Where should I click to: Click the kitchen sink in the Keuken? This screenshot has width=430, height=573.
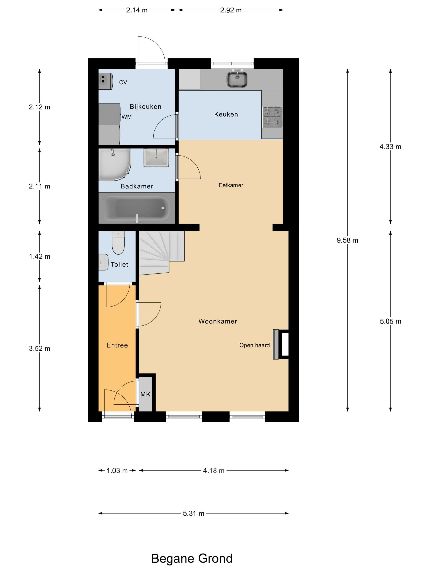click(x=237, y=80)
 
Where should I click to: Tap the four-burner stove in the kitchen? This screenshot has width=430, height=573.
click(x=272, y=117)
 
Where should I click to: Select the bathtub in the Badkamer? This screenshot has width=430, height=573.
click(x=136, y=208)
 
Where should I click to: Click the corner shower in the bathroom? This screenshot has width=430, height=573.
click(x=114, y=164)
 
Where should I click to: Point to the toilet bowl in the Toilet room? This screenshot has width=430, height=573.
click(x=118, y=243)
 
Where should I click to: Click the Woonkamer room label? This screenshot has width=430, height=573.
click(x=217, y=321)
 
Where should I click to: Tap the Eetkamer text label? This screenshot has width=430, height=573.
click(x=231, y=185)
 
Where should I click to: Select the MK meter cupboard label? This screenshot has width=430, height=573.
click(x=145, y=394)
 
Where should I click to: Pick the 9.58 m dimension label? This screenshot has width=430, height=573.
click(x=347, y=240)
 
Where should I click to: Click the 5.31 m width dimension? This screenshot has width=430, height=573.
click(x=193, y=513)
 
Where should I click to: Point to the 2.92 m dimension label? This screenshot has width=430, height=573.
click(x=230, y=10)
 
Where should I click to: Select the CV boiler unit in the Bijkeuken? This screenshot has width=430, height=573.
click(x=105, y=81)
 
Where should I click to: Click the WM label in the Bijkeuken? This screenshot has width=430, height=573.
click(x=127, y=117)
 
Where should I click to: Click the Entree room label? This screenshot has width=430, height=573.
click(x=117, y=345)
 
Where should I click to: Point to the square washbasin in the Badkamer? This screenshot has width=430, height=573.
click(x=156, y=157)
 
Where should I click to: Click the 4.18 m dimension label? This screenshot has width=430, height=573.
click(x=213, y=470)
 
